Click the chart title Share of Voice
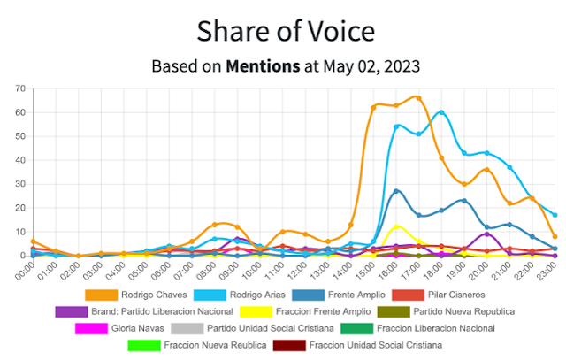[x=286, y=32]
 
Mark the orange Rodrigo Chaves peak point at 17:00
[x=418, y=97]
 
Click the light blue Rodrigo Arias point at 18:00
[x=441, y=112]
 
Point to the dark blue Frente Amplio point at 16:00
[x=396, y=191]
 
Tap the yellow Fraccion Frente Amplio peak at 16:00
[x=396, y=226]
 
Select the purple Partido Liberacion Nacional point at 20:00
[x=486, y=234]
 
